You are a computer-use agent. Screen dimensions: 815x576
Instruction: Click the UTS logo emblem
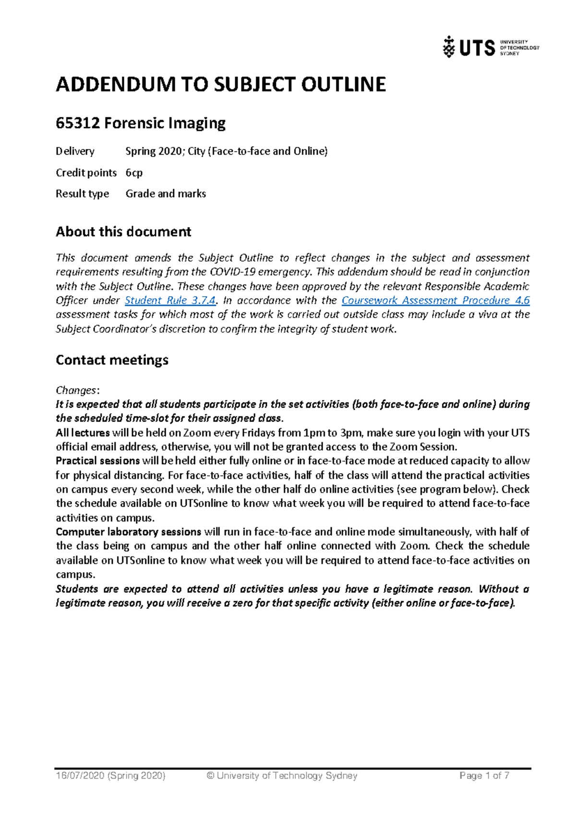[449, 47]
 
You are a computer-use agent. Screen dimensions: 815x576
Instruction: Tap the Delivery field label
[75, 151]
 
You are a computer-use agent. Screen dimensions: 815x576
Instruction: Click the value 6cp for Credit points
[134, 172]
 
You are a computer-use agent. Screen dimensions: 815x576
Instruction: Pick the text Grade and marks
[166, 193]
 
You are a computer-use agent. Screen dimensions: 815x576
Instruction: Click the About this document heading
[123, 232]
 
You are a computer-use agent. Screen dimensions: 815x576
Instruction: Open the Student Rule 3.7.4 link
[170, 300]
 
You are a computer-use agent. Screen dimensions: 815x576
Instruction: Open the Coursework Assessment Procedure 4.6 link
[435, 300]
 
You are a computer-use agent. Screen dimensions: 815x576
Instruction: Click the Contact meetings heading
[112, 360]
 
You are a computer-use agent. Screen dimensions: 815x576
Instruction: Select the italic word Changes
[76, 390]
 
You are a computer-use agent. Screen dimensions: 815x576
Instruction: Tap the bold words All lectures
[83, 432]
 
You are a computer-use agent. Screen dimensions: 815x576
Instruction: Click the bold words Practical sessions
[97, 461]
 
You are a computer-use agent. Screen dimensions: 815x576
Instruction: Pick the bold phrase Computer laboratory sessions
[128, 532]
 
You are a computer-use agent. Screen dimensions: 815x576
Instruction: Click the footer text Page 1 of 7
[484, 776]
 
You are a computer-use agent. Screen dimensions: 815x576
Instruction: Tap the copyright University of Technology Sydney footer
[282, 776]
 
